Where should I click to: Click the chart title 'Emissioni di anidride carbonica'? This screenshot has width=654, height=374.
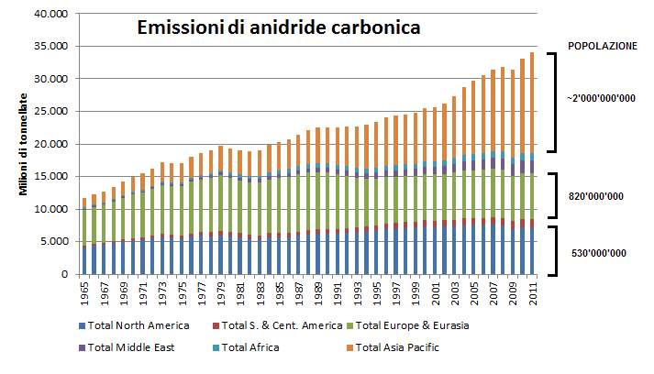point(278,28)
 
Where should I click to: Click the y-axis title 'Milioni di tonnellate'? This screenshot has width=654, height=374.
point(25,145)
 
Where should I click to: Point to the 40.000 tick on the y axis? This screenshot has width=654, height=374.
point(50,15)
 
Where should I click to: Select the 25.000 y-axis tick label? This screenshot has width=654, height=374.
point(50,112)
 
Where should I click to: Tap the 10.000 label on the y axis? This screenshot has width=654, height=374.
point(50,209)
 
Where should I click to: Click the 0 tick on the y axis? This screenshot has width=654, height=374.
point(64,274)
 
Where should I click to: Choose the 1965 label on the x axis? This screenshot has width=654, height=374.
point(84,295)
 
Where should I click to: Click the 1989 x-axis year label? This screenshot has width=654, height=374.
point(317,295)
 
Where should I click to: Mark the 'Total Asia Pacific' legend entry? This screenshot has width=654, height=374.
point(404,346)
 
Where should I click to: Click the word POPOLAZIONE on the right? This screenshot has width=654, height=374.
point(602,46)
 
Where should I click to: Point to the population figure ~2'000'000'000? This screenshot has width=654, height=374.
point(601,98)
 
